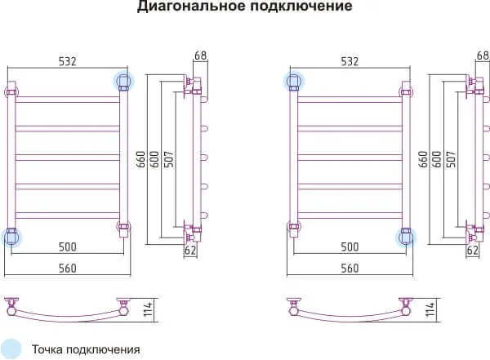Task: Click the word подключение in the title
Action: (290, 7)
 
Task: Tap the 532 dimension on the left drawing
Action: (69, 60)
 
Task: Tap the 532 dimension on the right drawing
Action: (350, 60)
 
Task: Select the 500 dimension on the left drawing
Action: (69, 246)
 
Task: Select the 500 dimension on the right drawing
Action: (350, 246)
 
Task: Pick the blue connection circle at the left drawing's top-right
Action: (124, 81)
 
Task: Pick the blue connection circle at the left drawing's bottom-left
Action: (12, 237)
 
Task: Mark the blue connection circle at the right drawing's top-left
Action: (294, 81)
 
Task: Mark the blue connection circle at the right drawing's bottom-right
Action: (406, 237)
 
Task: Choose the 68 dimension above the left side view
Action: (200, 56)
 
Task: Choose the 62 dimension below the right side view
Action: (472, 251)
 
